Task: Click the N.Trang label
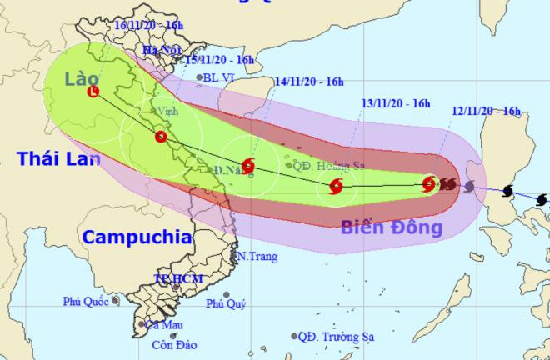(256, 256)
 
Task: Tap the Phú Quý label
(226, 304)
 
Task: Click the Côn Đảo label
(174, 344)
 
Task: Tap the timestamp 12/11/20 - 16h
(487, 111)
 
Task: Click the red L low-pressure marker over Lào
(92, 92)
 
